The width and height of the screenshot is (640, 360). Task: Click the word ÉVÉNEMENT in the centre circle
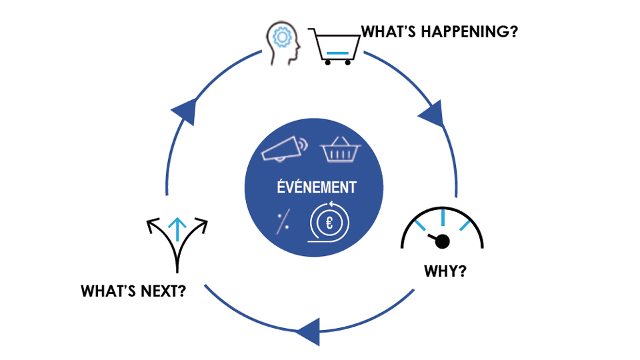pos(317,187)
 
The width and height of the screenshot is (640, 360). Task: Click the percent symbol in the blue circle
pos(283,221)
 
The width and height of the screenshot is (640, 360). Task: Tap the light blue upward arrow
pos(177,227)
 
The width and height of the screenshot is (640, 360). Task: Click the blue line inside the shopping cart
pos(337,52)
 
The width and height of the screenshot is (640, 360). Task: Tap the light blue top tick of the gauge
pos(443,217)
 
